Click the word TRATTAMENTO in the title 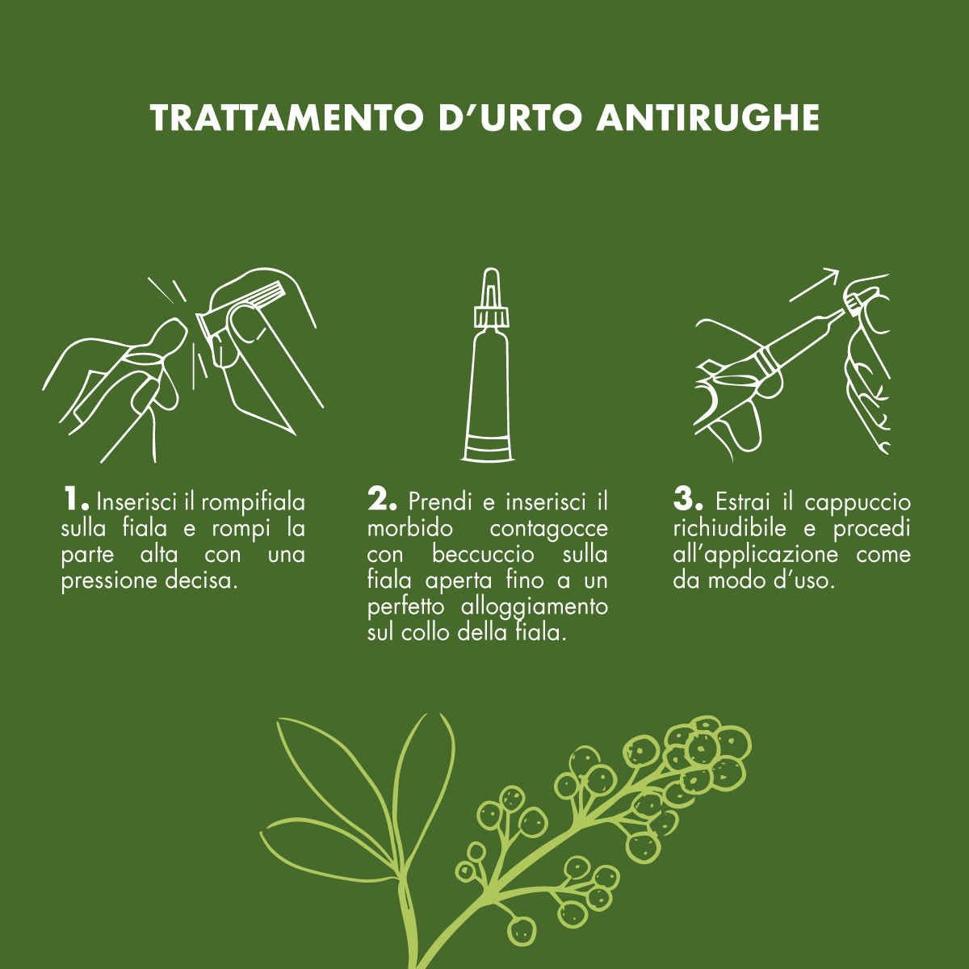point(286,118)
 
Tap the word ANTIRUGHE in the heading point(708,118)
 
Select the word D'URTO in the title point(510,118)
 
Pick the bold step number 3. point(688,499)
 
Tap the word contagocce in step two point(548,528)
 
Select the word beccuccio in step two point(483,555)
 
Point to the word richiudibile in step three point(729,528)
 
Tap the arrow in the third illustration point(814,285)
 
